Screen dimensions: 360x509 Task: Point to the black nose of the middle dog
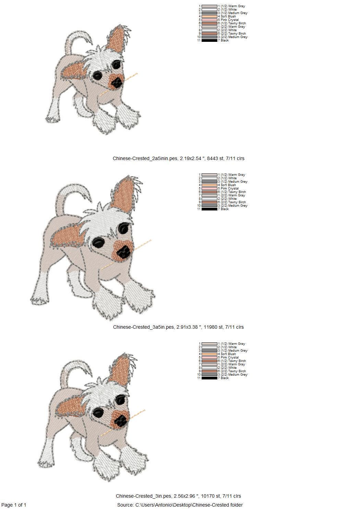[x=124, y=252]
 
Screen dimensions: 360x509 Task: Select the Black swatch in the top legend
[x=209, y=40]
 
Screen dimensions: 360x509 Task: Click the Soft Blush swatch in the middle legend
[x=209, y=185]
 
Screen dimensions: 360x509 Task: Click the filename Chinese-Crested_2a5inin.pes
[x=145, y=158]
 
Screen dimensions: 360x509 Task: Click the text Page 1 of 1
[x=14, y=505]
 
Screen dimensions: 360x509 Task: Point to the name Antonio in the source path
[x=163, y=505]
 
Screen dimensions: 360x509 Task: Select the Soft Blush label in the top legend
[x=228, y=16]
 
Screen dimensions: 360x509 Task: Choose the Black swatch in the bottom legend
[x=209, y=378]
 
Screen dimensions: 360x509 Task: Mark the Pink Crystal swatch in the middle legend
[x=209, y=189]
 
